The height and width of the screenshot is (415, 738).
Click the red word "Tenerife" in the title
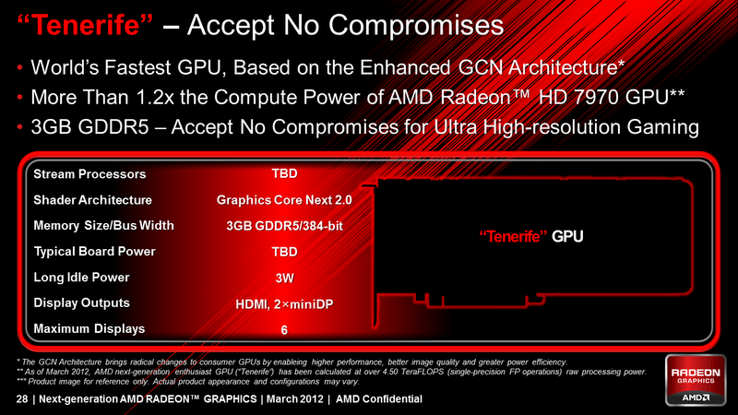click(x=85, y=25)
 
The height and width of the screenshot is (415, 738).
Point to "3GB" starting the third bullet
click(x=51, y=127)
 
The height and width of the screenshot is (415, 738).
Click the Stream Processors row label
click(x=89, y=174)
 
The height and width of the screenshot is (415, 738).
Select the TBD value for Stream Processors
click(x=284, y=173)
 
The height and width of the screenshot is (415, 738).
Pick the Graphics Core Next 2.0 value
click(x=284, y=200)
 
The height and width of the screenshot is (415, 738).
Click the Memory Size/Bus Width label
click(x=103, y=226)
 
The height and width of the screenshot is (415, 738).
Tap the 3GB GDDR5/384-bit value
click(x=284, y=226)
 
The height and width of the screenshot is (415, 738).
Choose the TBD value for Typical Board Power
click(x=284, y=252)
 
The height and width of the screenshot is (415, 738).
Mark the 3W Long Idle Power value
click(x=284, y=279)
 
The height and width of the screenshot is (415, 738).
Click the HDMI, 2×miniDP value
click(x=284, y=304)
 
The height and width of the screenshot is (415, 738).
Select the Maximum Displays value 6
click(x=284, y=330)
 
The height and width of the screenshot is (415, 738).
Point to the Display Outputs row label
click(x=81, y=302)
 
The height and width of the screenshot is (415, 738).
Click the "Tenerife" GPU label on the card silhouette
click(x=531, y=236)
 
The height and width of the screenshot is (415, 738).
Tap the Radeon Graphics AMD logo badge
click(x=696, y=380)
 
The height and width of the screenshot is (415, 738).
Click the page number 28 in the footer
click(x=21, y=399)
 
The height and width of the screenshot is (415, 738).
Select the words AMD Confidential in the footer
click(x=379, y=399)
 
